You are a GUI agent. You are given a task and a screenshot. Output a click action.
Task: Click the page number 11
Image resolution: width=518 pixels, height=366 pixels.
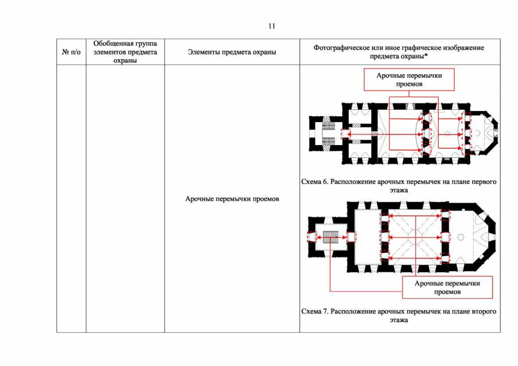pyautogui.click(x=272, y=26)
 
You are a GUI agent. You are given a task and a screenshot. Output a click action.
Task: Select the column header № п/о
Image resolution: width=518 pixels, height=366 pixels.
pyautogui.click(x=71, y=52)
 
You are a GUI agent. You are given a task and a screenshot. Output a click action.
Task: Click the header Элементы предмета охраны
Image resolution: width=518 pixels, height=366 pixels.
pyautogui.click(x=232, y=52)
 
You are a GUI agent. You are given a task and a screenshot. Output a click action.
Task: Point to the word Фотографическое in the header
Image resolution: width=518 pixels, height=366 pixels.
pyautogui.click(x=341, y=48)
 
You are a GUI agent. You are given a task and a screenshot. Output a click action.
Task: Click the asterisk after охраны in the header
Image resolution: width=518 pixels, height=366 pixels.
pyautogui.click(x=426, y=56)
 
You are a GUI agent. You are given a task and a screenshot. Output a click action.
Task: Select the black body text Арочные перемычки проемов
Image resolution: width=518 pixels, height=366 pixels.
pyautogui.click(x=232, y=199)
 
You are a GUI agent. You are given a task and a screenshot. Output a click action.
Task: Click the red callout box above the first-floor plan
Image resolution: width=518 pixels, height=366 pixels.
pyautogui.click(x=409, y=80)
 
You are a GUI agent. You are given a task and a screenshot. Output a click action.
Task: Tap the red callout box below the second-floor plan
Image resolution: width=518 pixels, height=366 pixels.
pyautogui.click(x=447, y=287)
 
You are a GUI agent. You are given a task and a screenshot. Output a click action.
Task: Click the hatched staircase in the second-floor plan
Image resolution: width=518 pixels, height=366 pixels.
pyautogui.click(x=330, y=237)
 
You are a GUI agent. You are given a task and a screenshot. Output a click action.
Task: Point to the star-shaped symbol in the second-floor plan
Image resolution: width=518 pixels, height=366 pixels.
pyautogui.click(x=461, y=237)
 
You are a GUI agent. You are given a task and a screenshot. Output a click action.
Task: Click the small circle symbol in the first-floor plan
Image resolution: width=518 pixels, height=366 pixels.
pyautogui.click(x=448, y=134)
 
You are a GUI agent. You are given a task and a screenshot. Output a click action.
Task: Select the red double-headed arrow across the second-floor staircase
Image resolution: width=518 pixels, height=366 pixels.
pyautogui.click(x=331, y=237)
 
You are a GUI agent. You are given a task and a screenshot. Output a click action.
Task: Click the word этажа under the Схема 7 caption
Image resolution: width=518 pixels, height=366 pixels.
pyautogui.click(x=399, y=320)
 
